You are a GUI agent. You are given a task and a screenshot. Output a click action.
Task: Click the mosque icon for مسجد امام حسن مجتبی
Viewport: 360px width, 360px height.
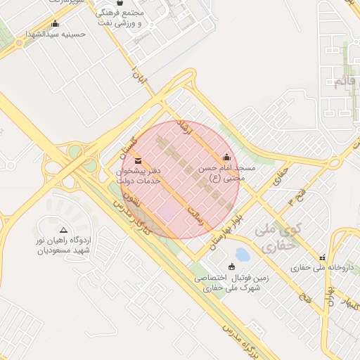tap(226, 157)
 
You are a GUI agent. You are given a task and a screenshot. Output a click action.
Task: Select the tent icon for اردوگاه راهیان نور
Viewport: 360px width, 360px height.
tap(64, 230)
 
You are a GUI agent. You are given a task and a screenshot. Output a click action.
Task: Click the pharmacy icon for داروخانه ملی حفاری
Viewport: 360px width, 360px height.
tap(322, 258)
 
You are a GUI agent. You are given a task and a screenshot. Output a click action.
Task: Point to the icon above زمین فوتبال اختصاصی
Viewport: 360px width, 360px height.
tap(232, 265)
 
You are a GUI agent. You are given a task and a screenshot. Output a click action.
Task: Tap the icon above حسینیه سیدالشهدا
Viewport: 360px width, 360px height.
tap(55, 24)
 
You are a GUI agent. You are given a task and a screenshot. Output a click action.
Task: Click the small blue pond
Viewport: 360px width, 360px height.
tap(242, 254)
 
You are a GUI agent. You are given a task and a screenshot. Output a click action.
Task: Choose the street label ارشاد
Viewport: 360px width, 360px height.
tap(185, 128)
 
